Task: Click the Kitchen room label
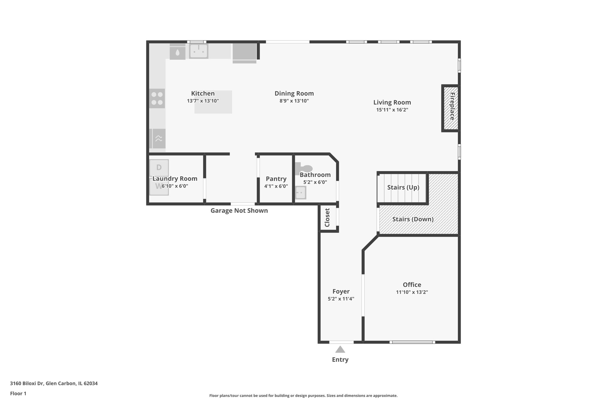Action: coord(203,94)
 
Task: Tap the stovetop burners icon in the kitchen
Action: coord(157,99)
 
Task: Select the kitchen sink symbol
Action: coord(199,51)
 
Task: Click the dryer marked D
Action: coord(159,168)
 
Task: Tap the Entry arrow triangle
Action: coord(340,350)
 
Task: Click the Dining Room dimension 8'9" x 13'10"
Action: coord(294,101)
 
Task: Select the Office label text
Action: coord(412,285)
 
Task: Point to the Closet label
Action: coord(327,218)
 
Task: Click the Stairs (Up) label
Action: coord(403,187)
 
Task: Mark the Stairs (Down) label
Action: coord(413,219)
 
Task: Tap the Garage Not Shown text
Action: coord(239,211)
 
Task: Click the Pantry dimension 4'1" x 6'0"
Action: coord(276,186)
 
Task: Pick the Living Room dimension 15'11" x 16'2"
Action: coord(392,110)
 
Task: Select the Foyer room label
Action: coord(341,292)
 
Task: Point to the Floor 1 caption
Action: coord(18,394)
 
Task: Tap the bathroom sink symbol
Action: coord(301,193)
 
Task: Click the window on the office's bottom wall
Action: coord(412,342)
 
